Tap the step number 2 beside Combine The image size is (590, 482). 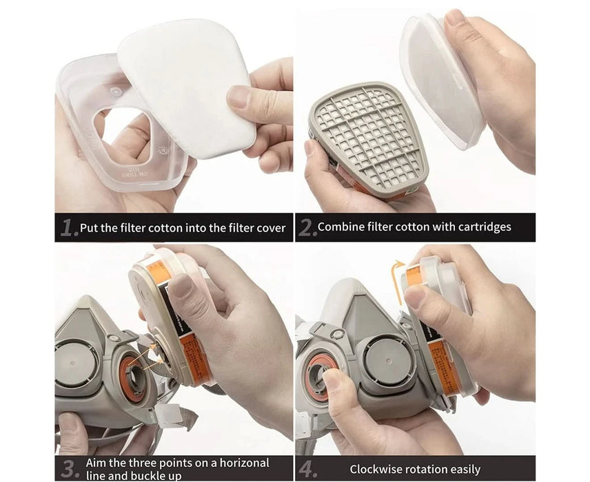tap(307, 228)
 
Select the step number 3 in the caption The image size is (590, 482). tap(68, 469)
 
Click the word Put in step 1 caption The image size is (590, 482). tap(89, 228)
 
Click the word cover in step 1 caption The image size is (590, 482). tap(270, 228)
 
